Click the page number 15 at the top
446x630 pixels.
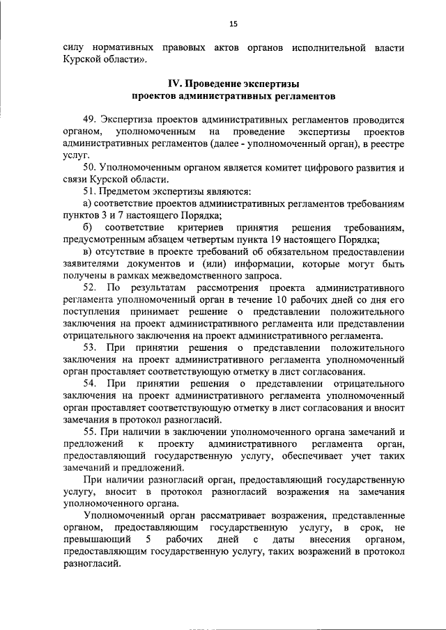pos(233,24)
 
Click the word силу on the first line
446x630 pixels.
pos(73,49)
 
